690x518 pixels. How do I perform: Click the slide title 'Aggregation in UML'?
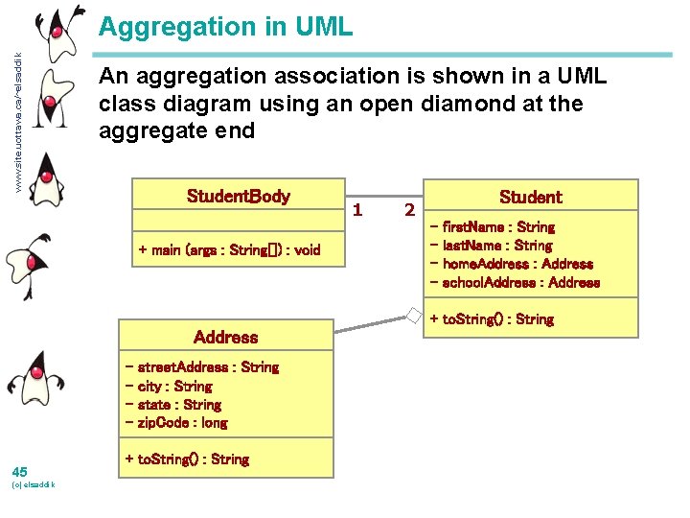(x=226, y=27)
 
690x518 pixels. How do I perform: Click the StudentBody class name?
(x=238, y=197)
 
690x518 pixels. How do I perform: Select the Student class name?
(x=530, y=197)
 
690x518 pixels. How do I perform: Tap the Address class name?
(x=225, y=337)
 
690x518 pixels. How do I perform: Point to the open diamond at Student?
(x=413, y=314)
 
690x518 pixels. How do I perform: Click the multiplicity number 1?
(x=357, y=208)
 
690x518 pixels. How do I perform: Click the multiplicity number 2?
(x=409, y=209)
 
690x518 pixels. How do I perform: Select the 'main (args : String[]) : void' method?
(x=229, y=250)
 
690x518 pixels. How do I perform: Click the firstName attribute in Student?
(x=493, y=227)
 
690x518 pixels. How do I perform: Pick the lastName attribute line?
(x=492, y=246)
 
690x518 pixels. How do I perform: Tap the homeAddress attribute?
(x=512, y=264)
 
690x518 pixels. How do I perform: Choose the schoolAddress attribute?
(x=516, y=282)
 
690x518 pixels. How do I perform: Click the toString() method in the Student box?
(x=491, y=318)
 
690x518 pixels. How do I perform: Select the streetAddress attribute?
(x=201, y=367)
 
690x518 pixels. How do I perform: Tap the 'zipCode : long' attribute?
(x=176, y=422)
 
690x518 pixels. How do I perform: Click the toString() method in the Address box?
(x=186, y=459)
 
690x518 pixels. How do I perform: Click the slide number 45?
(x=20, y=471)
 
